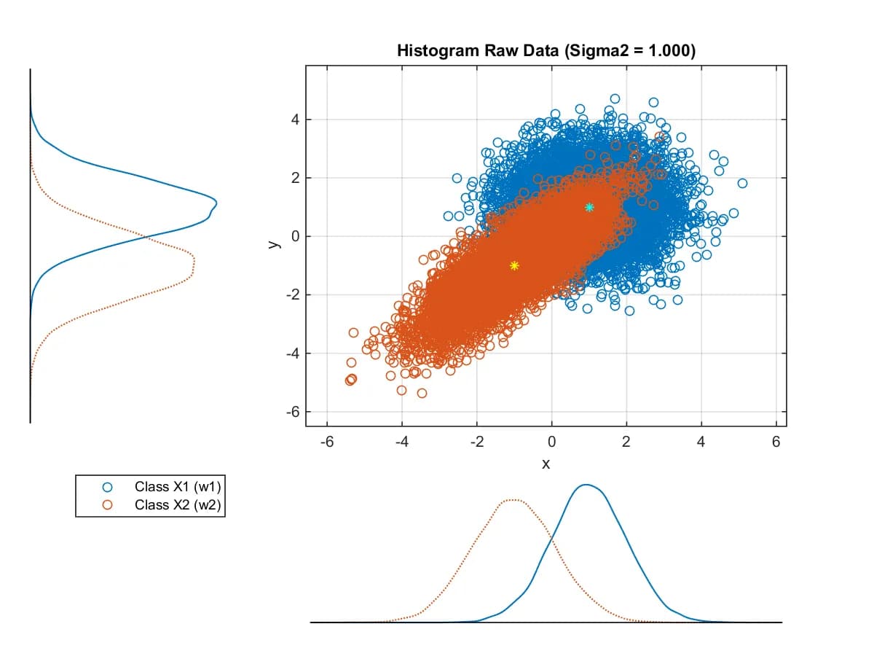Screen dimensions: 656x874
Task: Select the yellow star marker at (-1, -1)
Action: (514, 265)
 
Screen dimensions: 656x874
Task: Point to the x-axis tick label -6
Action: (327, 442)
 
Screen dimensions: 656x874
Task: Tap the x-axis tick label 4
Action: (701, 442)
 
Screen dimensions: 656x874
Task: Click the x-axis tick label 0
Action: (552, 442)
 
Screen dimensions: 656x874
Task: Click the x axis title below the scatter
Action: (546, 464)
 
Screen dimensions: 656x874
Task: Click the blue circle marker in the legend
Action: (107, 487)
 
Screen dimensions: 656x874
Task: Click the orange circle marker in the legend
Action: (107, 504)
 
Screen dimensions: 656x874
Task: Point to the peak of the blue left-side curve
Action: (216, 203)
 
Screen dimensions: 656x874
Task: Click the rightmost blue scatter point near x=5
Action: (742, 183)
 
